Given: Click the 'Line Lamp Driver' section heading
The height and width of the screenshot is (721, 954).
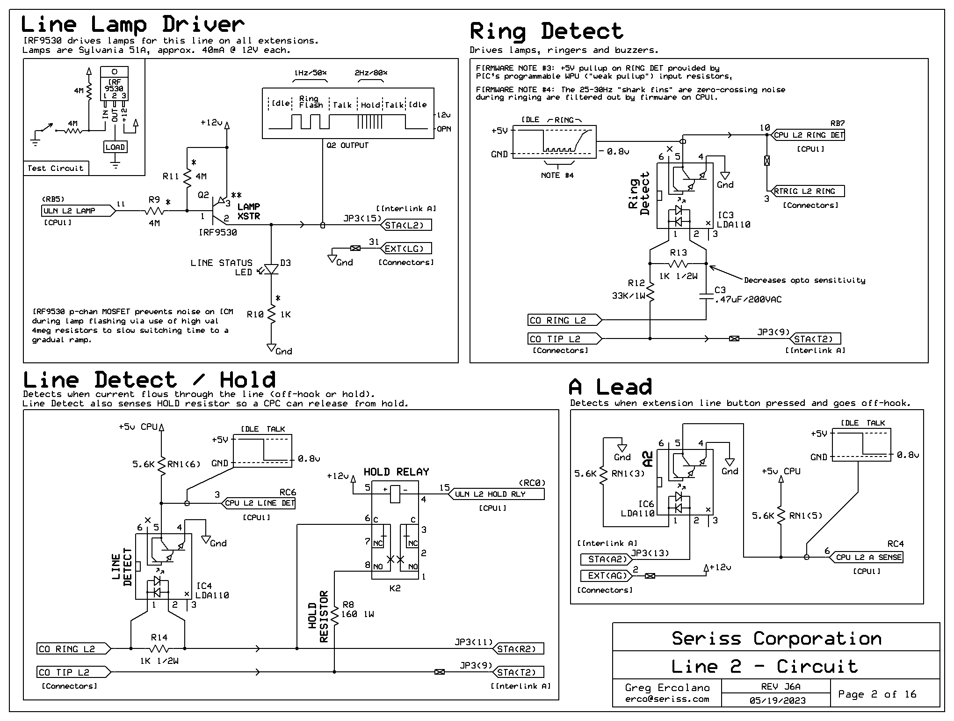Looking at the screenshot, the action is (x=132, y=24).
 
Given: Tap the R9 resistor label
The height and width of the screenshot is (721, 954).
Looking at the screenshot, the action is (x=154, y=199).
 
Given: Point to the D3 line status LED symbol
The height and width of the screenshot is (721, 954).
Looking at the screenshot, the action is (x=271, y=269).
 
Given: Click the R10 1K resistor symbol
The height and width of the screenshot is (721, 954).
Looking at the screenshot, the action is (x=271, y=314).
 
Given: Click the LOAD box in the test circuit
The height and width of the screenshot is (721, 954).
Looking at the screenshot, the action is (x=115, y=147).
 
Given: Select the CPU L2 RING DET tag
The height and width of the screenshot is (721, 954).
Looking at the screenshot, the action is (x=808, y=135).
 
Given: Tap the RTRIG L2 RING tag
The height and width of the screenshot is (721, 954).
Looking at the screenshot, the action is (x=808, y=191).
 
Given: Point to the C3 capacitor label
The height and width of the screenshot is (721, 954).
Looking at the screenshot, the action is (x=720, y=290).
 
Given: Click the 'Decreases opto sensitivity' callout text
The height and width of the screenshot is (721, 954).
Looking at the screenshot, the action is (x=804, y=280).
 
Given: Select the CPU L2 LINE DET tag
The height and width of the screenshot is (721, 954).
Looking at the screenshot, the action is (x=259, y=503).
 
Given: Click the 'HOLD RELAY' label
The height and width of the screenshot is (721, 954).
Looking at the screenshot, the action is (x=396, y=472).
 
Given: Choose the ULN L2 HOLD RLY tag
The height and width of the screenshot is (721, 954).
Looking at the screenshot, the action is (x=497, y=494).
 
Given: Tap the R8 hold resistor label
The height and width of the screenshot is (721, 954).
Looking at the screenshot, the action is (x=348, y=604).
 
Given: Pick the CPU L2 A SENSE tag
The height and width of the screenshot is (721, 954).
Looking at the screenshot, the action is (x=867, y=557).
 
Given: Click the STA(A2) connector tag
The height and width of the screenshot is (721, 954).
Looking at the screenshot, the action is (x=606, y=559).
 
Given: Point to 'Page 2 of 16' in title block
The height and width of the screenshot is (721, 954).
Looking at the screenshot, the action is (x=877, y=694).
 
